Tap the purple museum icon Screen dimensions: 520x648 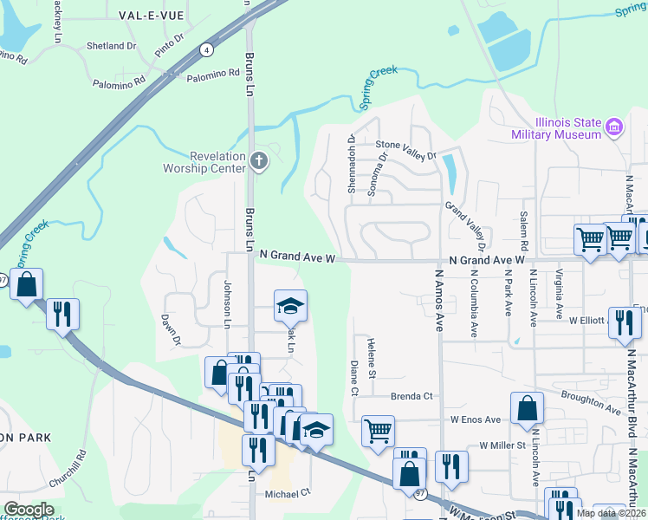(x=615, y=128)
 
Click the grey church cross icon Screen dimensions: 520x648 (x=258, y=160)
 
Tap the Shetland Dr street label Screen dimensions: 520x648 (x=113, y=45)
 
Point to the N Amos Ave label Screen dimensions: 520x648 (x=439, y=300)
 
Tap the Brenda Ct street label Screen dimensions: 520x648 (x=411, y=396)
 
